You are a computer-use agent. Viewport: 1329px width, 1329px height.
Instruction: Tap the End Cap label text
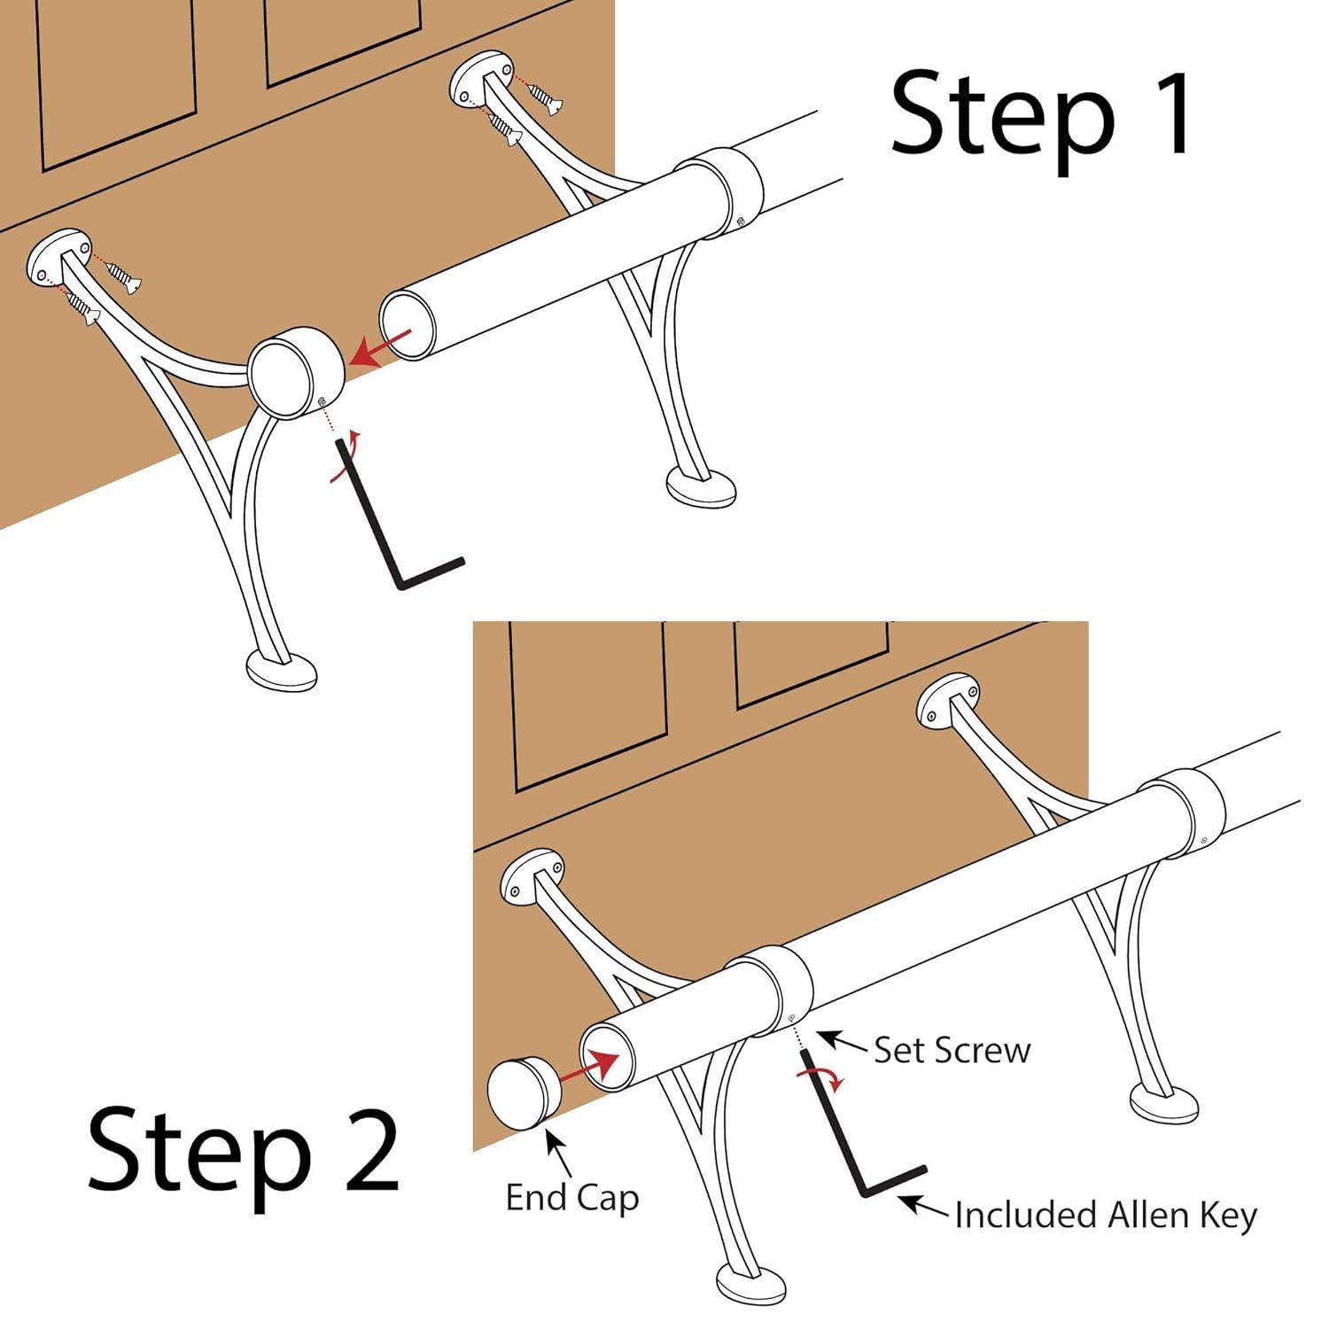[572, 1198]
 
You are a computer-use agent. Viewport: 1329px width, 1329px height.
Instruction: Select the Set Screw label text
[952, 1051]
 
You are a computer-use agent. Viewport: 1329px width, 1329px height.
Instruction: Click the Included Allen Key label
[1106, 1215]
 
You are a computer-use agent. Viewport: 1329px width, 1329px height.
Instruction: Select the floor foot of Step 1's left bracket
[281, 672]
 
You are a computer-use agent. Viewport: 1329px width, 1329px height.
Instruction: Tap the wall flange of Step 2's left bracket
[532, 877]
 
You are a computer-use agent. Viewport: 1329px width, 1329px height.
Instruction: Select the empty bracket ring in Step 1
[283, 373]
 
